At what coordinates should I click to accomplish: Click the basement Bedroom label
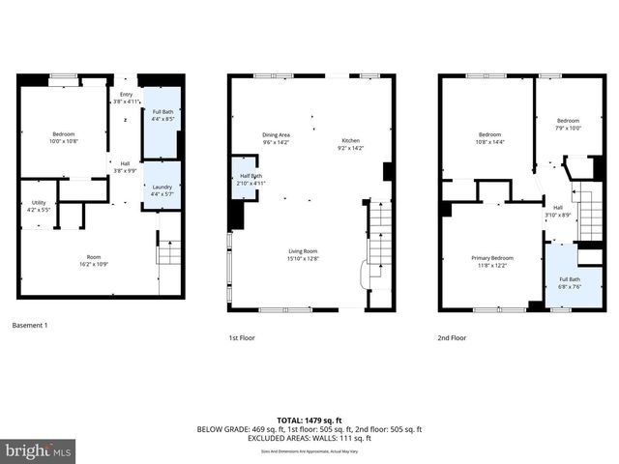coord(63,137)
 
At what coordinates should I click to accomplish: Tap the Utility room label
coord(39,205)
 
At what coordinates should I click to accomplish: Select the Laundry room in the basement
coord(162,190)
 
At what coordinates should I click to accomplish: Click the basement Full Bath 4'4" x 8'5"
coord(162,117)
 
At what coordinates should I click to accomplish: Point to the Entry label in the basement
coord(127,97)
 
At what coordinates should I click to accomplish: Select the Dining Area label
coord(277,138)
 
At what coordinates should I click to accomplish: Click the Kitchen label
coord(349,144)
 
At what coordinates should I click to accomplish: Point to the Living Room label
coord(303,255)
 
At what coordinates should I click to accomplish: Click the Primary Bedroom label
coord(492,261)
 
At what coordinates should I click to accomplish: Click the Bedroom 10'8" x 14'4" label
coord(489,137)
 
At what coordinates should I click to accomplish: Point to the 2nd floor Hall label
coord(558,211)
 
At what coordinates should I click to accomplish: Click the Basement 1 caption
coord(29,326)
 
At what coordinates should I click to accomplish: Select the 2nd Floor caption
coord(452,338)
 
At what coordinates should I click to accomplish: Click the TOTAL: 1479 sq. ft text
coord(309,420)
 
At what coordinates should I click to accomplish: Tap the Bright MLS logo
coord(39,450)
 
